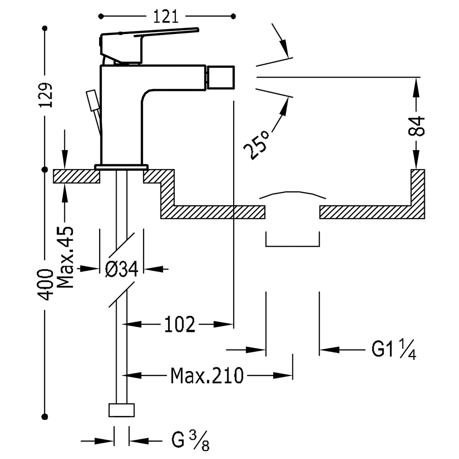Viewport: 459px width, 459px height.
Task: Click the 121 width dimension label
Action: [166, 17]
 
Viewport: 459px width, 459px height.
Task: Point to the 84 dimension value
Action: [416, 126]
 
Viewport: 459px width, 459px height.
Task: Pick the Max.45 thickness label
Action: [65, 257]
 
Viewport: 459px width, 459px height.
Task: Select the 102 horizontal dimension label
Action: [179, 325]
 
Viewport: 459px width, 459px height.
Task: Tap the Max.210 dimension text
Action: [207, 375]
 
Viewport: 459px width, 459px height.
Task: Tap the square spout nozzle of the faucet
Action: [221, 77]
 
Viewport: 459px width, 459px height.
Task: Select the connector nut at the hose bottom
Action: [122, 410]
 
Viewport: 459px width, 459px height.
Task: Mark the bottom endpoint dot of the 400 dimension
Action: [45, 416]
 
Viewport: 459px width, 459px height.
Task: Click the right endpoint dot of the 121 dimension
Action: [233, 16]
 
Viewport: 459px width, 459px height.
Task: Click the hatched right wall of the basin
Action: [418, 194]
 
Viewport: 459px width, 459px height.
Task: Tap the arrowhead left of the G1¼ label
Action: [330, 349]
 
